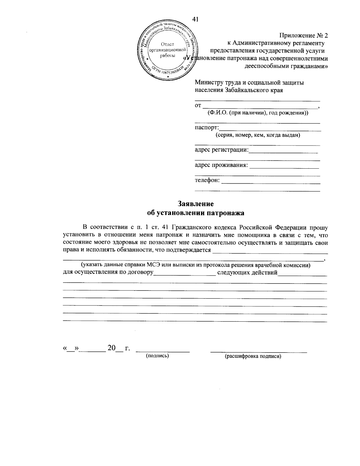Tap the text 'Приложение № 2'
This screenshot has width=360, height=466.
coord(304,35)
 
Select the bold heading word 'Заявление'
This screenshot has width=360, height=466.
coord(196,204)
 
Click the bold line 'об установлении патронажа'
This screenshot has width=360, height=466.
coord(196,213)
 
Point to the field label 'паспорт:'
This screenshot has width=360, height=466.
coord(206,128)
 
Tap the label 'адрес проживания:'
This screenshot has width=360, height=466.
coord(221,165)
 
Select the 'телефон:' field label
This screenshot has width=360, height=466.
coord(207,180)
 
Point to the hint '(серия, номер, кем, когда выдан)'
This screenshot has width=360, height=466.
coord(258,135)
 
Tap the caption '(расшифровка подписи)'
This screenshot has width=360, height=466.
coord(253,356)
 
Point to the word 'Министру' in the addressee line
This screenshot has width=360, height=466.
coord(208,82)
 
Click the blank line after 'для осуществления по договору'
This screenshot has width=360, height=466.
coord(184,274)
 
